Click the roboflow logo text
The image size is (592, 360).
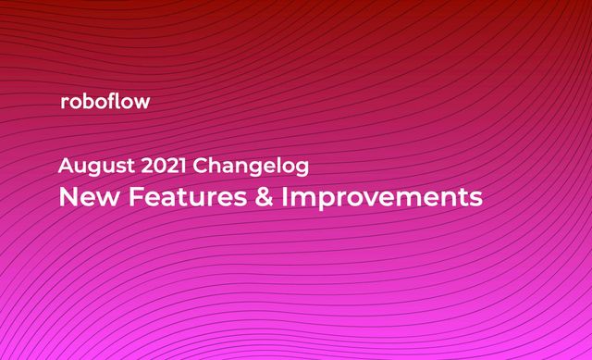click(x=104, y=102)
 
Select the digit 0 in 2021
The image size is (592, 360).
click(x=159, y=168)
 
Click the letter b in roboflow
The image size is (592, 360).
click(x=89, y=101)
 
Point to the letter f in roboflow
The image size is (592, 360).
click(x=115, y=101)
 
